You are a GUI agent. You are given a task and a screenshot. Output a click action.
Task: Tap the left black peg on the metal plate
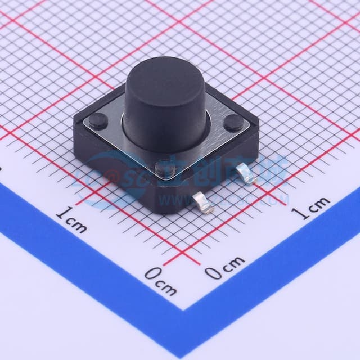point(99,119)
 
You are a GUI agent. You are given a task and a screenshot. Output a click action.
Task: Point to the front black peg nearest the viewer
point(165,167)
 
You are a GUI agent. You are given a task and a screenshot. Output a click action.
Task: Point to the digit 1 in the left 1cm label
point(61,215)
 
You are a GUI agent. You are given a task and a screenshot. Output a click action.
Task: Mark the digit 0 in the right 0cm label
point(212,272)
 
